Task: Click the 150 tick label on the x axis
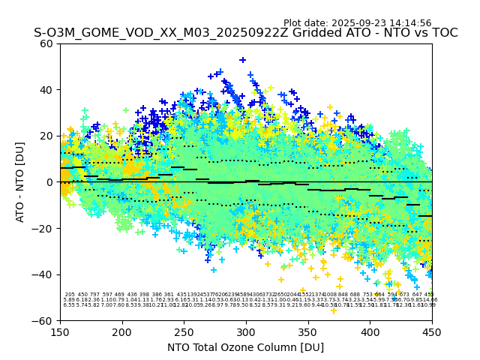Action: (60, 331)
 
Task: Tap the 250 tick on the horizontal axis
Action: (184, 331)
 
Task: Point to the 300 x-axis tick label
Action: (246, 331)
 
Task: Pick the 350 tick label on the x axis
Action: (307, 331)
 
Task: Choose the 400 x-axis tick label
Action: (370, 331)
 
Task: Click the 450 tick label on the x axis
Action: (431, 331)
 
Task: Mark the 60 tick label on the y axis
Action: (46, 43)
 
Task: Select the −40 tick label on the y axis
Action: (43, 274)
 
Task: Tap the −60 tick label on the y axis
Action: (43, 321)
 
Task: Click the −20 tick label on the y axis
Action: (43, 228)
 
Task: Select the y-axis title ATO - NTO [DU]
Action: (20, 182)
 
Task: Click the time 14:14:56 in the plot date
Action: (409, 23)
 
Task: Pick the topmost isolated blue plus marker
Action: (242, 60)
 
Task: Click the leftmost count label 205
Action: (70, 295)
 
